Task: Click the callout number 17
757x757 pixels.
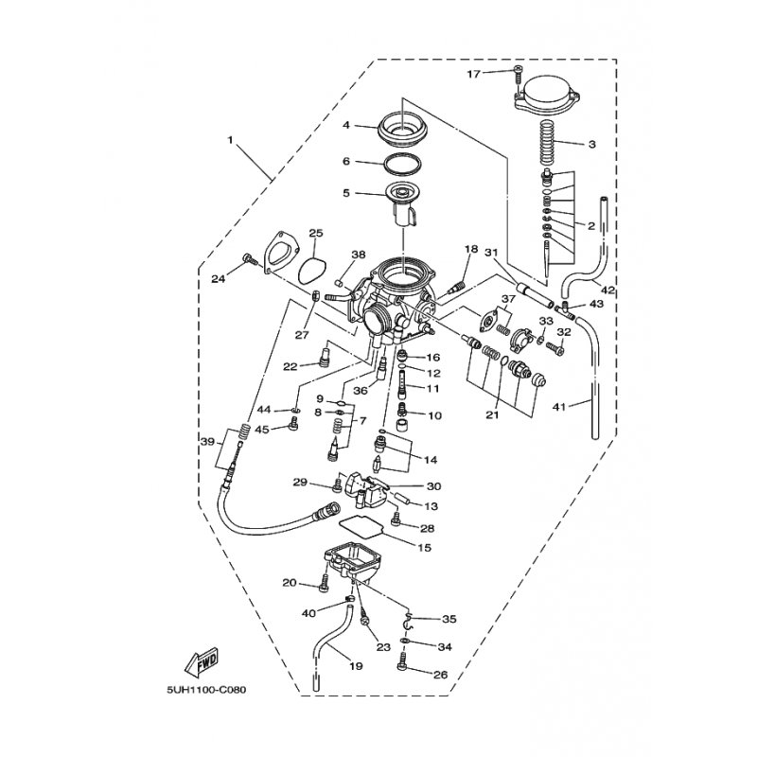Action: point(474,74)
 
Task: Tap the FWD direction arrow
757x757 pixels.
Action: point(202,660)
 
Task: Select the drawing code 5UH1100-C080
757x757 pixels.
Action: point(206,690)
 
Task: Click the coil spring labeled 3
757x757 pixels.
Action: point(546,143)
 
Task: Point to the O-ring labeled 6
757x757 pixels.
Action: point(401,164)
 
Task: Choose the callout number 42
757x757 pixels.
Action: point(607,290)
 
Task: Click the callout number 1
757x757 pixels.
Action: point(230,140)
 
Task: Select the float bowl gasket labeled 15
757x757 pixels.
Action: point(363,526)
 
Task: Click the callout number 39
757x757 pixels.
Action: point(207,441)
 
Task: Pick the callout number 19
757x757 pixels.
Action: point(356,667)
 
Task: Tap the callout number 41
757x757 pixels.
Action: point(558,407)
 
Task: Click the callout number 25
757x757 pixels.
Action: point(316,233)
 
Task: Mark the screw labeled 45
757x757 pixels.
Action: point(292,425)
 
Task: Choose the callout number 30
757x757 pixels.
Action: point(434,486)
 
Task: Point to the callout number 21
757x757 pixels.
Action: point(492,414)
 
